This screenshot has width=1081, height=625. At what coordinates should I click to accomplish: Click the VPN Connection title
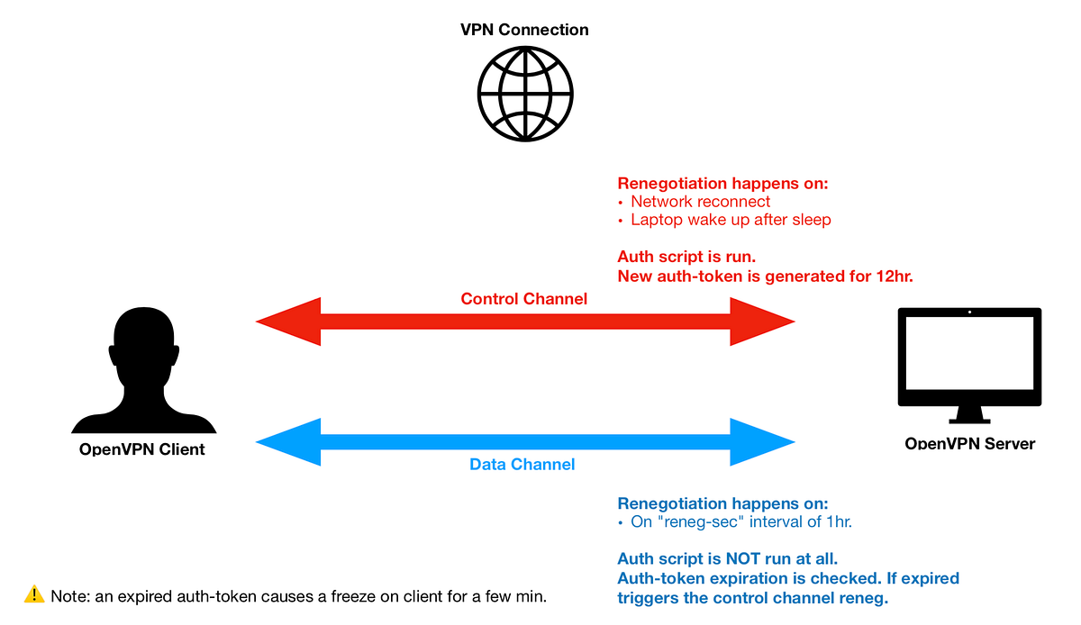coord(524,30)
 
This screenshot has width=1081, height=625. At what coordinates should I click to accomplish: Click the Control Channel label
coord(524,298)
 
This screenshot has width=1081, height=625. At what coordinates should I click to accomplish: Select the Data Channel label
coord(522,465)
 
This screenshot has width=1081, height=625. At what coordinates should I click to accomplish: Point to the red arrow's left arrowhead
coord(286,321)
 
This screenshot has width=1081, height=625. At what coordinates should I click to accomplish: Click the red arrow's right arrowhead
coord(764,321)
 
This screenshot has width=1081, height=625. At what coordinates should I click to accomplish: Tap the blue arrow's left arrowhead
coord(286,442)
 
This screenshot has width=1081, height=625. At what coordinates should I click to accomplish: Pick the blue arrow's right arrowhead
coord(764,442)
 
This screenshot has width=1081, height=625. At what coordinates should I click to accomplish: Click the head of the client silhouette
coord(144,339)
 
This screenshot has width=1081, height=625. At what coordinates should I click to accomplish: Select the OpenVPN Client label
coord(142,449)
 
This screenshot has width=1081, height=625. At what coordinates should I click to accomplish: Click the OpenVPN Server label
coord(970,443)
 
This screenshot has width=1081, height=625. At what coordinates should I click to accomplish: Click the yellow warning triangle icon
coord(34,593)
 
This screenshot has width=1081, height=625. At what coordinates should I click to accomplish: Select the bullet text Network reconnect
coord(700,202)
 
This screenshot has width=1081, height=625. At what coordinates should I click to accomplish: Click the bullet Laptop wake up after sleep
coord(731,220)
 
